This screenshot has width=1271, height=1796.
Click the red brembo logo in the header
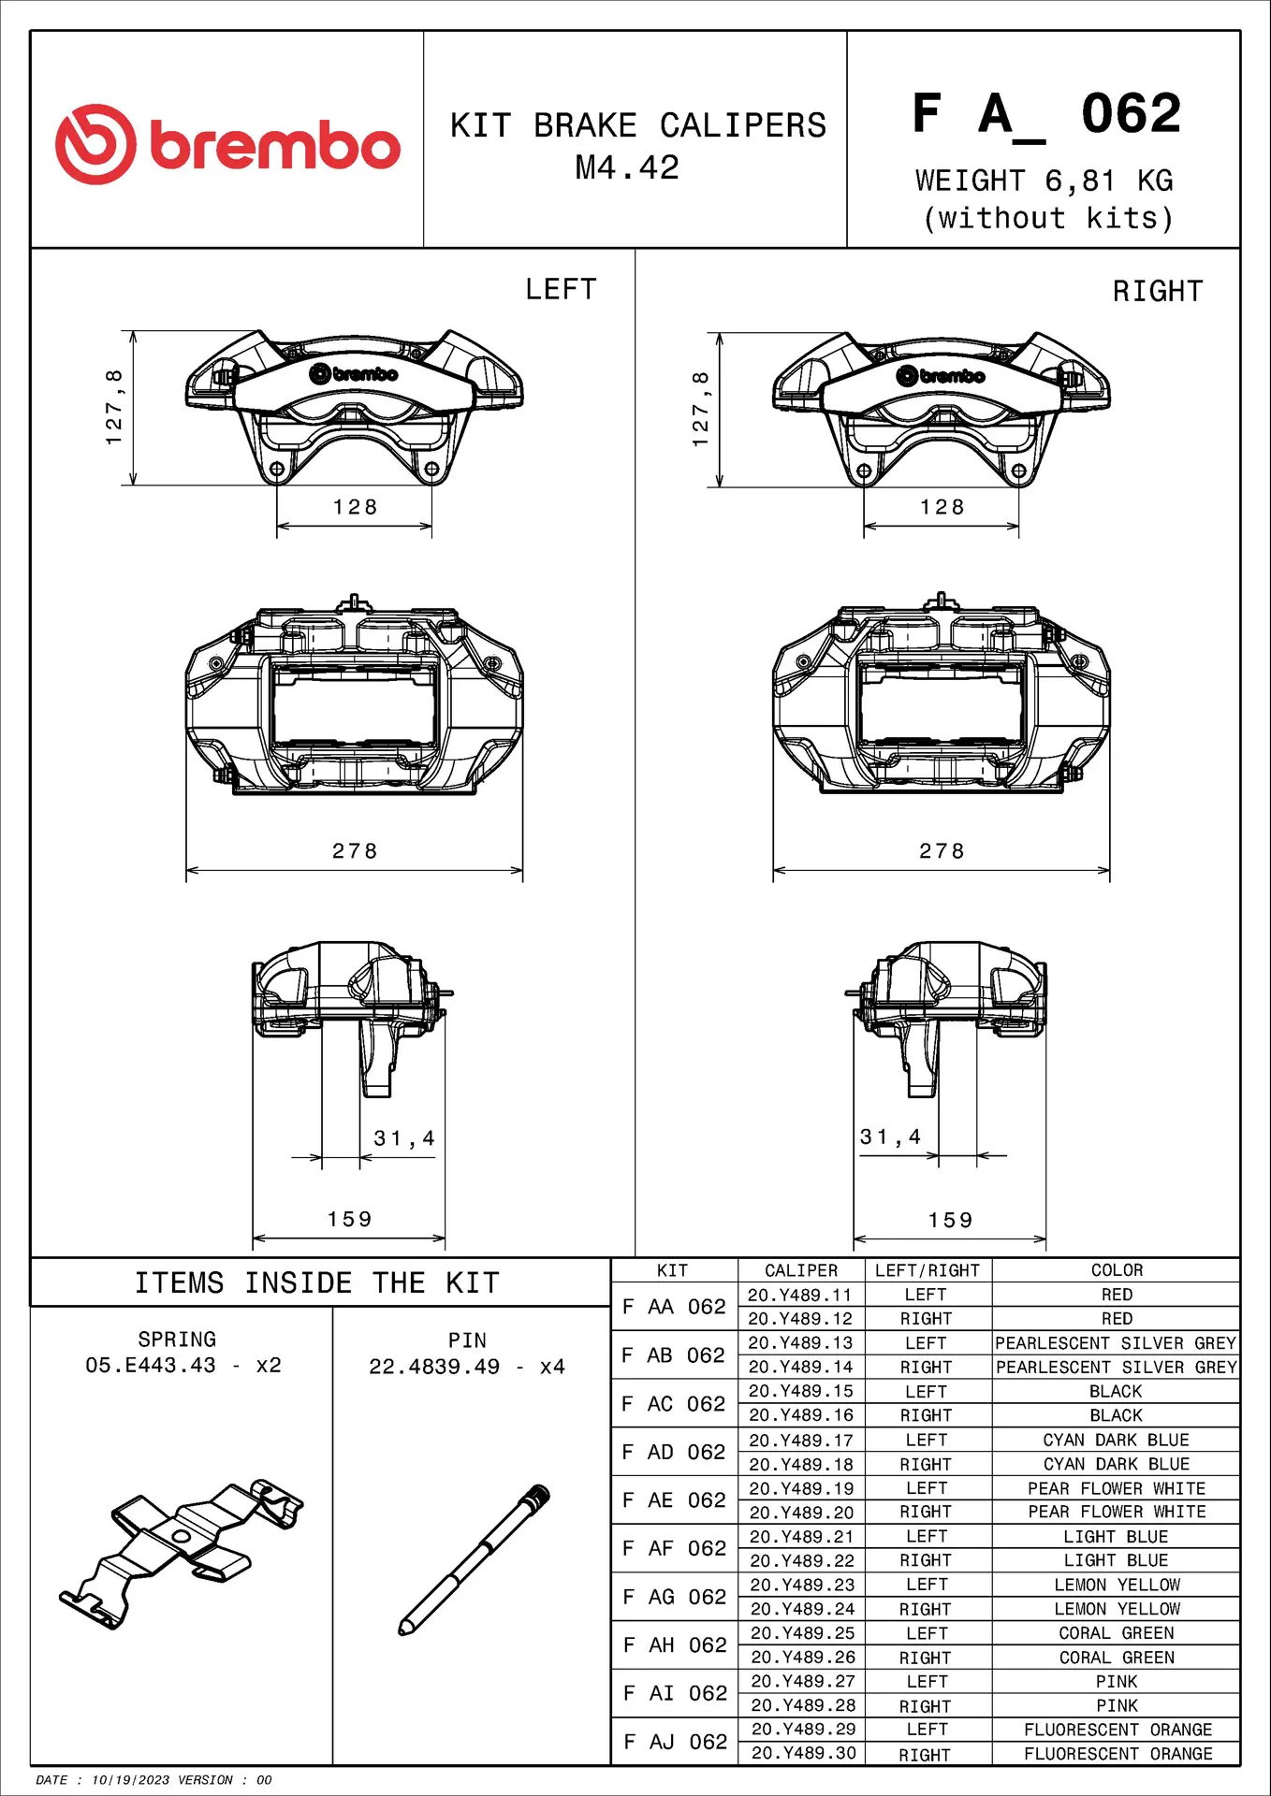tap(227, 144)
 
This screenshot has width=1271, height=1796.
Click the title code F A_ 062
tap(1046, 115)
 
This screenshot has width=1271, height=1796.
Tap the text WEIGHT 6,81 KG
tap(1044, 181)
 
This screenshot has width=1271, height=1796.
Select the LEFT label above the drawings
tap(561, 290)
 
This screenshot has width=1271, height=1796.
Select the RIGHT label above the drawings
tap(1157, 292)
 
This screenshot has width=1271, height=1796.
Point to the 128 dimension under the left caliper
tap(355, 507)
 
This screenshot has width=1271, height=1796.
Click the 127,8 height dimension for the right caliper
tap(700, 409)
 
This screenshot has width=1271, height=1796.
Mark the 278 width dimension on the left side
tap(355, 851)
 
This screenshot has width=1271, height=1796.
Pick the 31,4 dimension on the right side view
tap(890, 1137)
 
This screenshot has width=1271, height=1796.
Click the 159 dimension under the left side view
tap(349, 1219)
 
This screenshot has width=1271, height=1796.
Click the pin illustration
tap(475, 1559)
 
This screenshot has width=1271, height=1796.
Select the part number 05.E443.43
tap(151, 1366)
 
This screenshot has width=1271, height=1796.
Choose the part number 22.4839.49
tap(434, 1367)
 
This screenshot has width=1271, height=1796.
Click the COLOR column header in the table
tap(1117, 1270)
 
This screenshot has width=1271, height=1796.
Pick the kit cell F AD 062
tap(674, 1452)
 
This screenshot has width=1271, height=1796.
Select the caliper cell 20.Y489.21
tap(801, 1537)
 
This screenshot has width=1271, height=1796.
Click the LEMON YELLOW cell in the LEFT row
tap(1117, 1585)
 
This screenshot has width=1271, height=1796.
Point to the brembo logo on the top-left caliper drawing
tap(354, 374)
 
